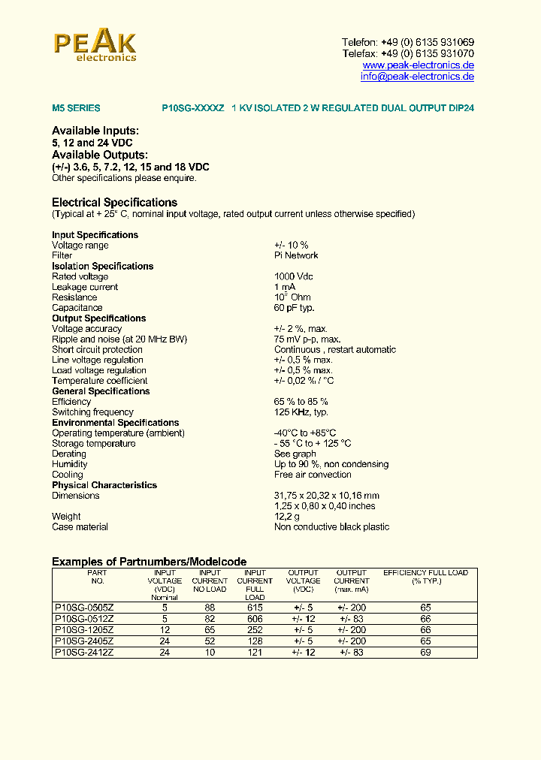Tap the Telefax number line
click(x=407, y=54)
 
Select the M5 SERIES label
click(x=76, y=108)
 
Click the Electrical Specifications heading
click(x=114, y=203)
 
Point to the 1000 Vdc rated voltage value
click(x=294, y=276)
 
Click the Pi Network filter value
click(x=296, y=255)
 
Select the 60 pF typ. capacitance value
click(x=294, y=308)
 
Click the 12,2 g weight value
click(x=286, y=517)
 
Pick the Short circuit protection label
click(x=97, y=350)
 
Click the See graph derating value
click(x=295, y=454)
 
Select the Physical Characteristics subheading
click(x=104, y=485)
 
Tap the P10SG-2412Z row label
click(x=84, y=653)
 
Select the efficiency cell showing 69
click(x=425, y=653)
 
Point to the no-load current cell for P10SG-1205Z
click(x=210, y=629)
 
